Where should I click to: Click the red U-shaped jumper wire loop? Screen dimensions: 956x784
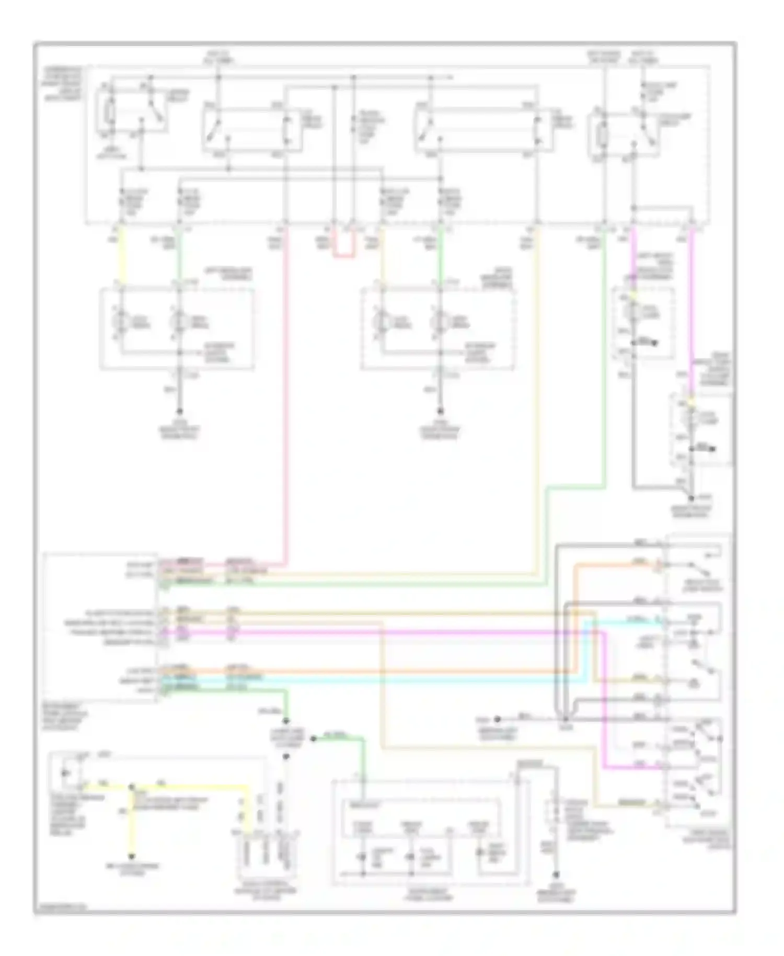coord(344,256)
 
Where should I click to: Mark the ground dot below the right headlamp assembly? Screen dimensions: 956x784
coord(440,412)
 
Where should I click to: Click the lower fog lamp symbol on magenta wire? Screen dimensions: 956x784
coord(691,419)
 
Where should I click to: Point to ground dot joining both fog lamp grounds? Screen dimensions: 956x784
coord(691,498)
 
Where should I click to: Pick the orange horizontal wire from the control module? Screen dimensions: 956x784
coord(366,671)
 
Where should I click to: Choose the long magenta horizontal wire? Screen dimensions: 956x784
coord(366,633)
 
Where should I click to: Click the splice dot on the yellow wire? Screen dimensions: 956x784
coord(132,787)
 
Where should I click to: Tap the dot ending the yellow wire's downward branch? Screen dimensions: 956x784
coord(132,857)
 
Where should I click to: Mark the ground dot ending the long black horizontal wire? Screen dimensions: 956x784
coord(498,719)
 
